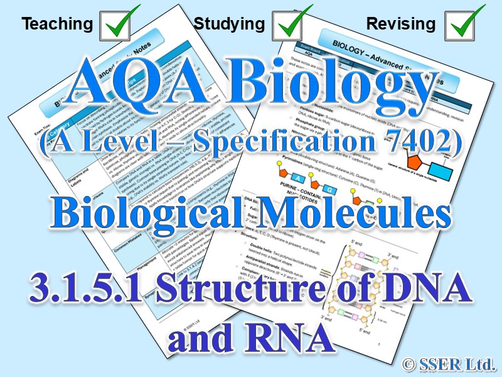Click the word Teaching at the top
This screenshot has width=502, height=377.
pos(57,25)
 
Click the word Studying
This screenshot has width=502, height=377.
pos(229,25)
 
